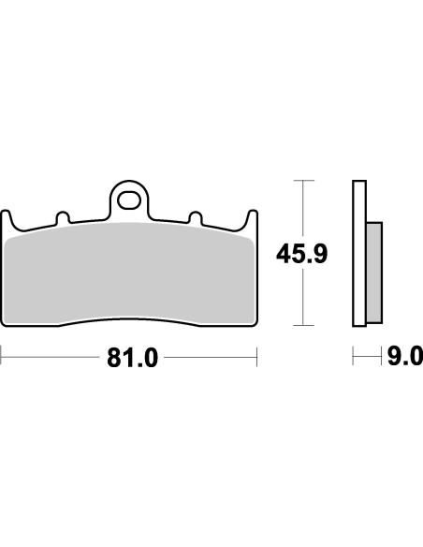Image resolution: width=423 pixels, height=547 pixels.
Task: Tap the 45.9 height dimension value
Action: [300, 253]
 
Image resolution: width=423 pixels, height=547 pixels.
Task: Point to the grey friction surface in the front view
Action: [130, 276]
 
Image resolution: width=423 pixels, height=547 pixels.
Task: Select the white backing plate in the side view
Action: [357, 253]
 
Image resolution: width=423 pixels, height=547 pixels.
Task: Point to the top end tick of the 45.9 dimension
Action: [300, 179]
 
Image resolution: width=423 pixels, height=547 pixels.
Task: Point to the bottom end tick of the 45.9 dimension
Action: [300, 326]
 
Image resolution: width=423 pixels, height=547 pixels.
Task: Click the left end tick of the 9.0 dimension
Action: [354, 358]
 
